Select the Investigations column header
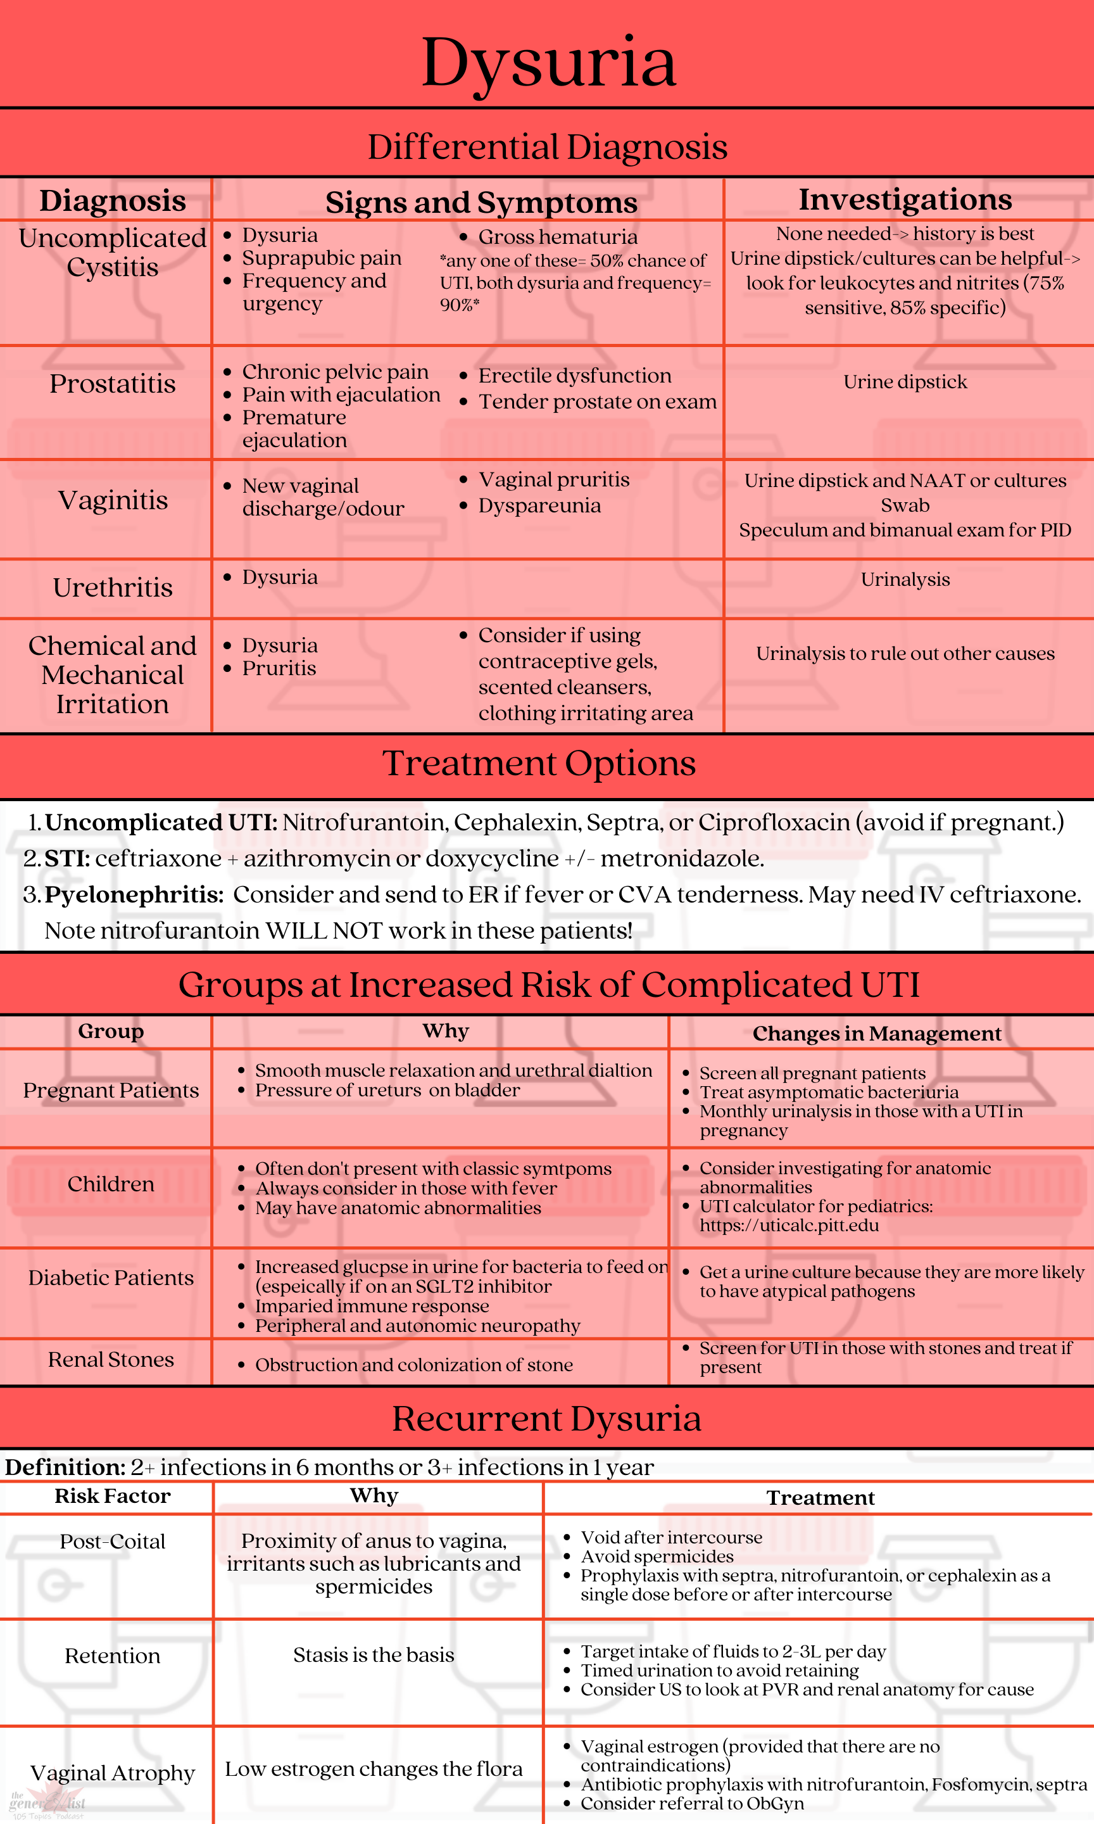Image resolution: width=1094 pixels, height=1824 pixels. (905, 199)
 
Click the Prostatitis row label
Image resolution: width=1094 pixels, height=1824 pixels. (113, 383)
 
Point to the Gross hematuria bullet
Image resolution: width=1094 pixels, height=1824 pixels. (557, 237)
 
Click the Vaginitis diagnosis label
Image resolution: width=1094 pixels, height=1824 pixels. (113, 500)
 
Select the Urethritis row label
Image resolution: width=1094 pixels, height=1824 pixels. (113, 588)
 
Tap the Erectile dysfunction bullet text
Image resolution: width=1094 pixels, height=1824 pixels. (574, 376)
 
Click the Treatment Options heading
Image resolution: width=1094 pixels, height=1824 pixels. (539, 763)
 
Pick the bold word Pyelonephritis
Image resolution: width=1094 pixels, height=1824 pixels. (134, 894)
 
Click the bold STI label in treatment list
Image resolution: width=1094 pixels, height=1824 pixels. (66, 858)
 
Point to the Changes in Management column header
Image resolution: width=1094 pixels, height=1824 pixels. (876, 1033)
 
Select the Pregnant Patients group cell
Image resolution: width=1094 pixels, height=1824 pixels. (111, 1090)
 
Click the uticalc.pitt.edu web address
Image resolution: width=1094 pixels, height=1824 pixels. (789, 1225)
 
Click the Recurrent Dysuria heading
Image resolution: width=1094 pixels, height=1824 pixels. (546, 1418)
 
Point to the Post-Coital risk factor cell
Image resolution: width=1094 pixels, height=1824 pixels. (113, 1541)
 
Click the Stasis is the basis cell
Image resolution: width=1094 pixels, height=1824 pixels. (374, 1654)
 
